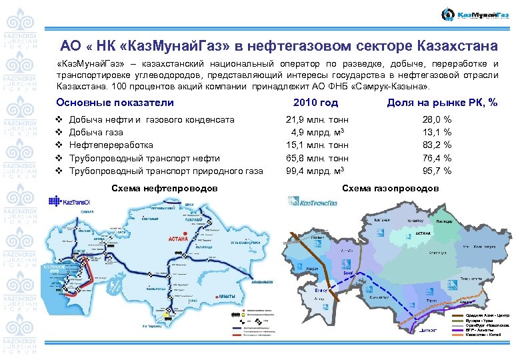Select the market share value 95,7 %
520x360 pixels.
[437, 171]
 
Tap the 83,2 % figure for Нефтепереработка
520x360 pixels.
[437, 145]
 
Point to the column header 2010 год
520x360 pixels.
[316, 103]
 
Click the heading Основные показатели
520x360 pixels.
[115, 103]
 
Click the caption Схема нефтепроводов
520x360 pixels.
[163, 189]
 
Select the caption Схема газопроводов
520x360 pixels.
[391, 189]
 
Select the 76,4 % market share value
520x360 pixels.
[437, 158]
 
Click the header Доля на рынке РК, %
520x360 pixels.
[443, 103]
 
